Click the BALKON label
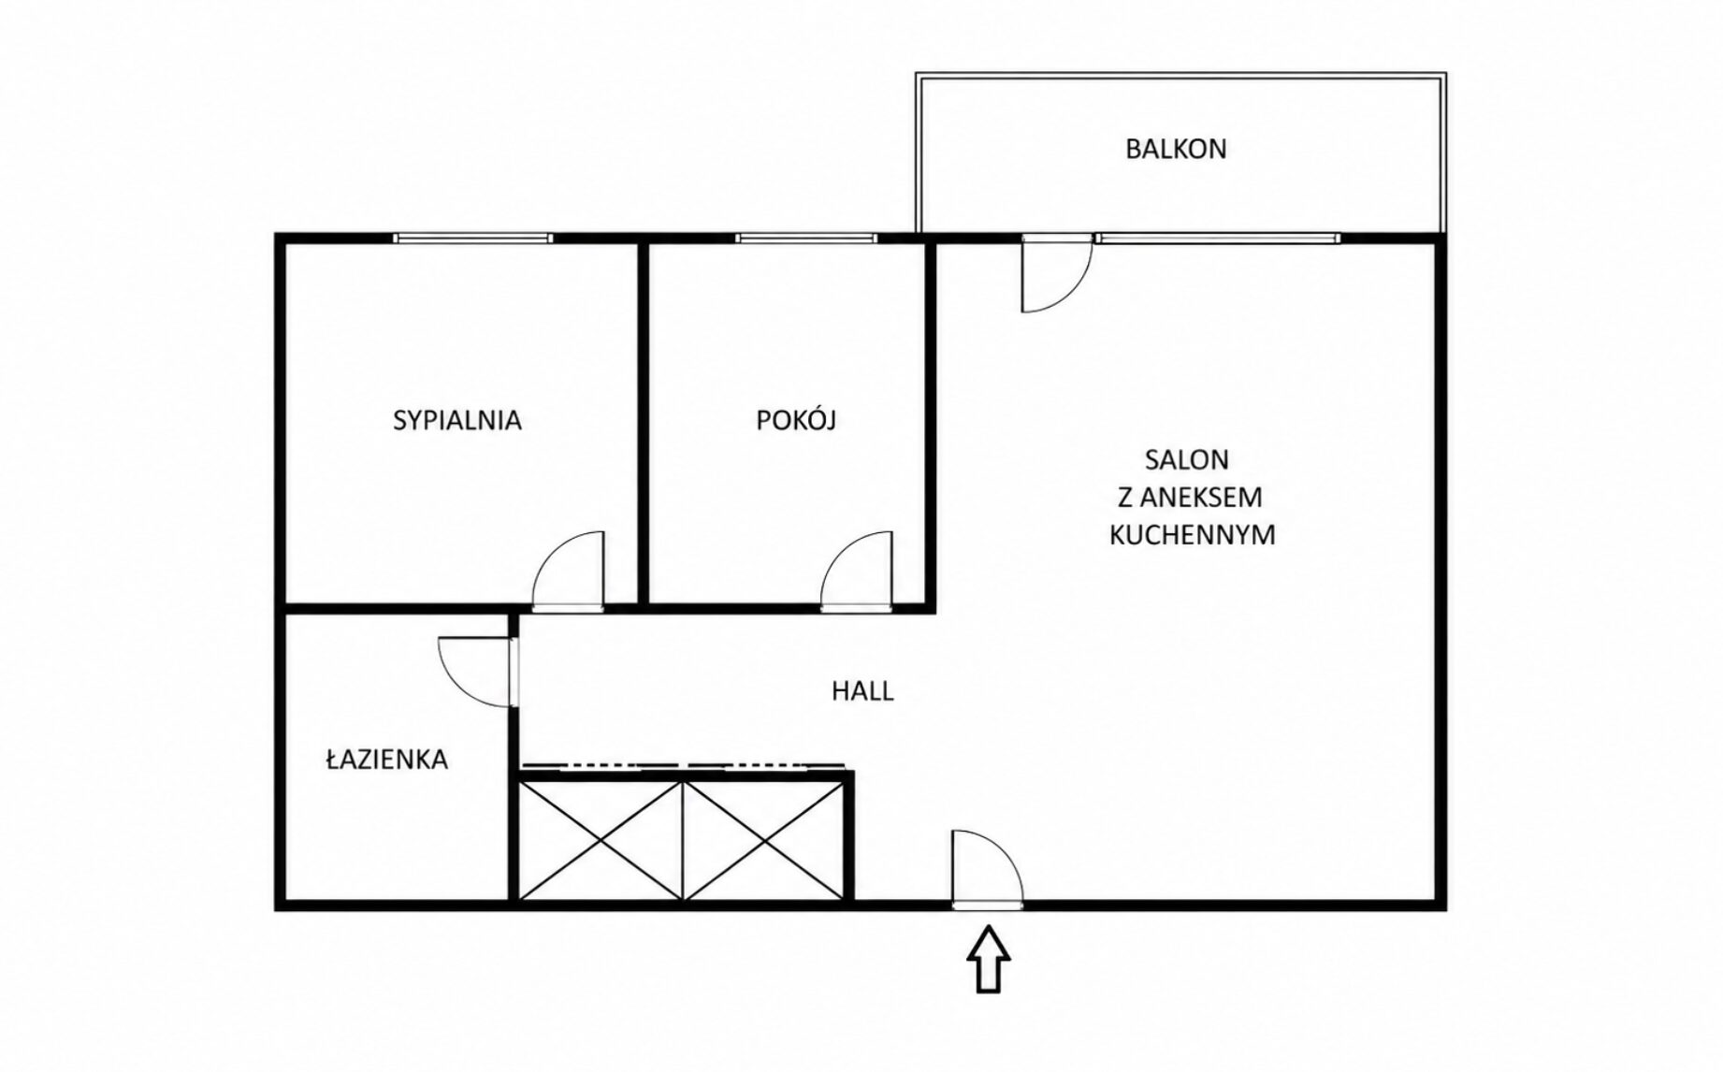click(1176, 149)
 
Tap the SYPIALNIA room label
click(456, 420)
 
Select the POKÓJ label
click(795, 419)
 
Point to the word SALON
click(1186, 459)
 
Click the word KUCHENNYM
click(1192, 534)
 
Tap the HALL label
click(862, 691)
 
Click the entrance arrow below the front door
click(988, 958)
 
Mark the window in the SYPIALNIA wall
click(472, 239)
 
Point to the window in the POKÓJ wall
click(806, 239)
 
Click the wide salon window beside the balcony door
click(1217, 239)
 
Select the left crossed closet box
click(601, 840)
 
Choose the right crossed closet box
click(764, 840)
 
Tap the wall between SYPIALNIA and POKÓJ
click(643, 423)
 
